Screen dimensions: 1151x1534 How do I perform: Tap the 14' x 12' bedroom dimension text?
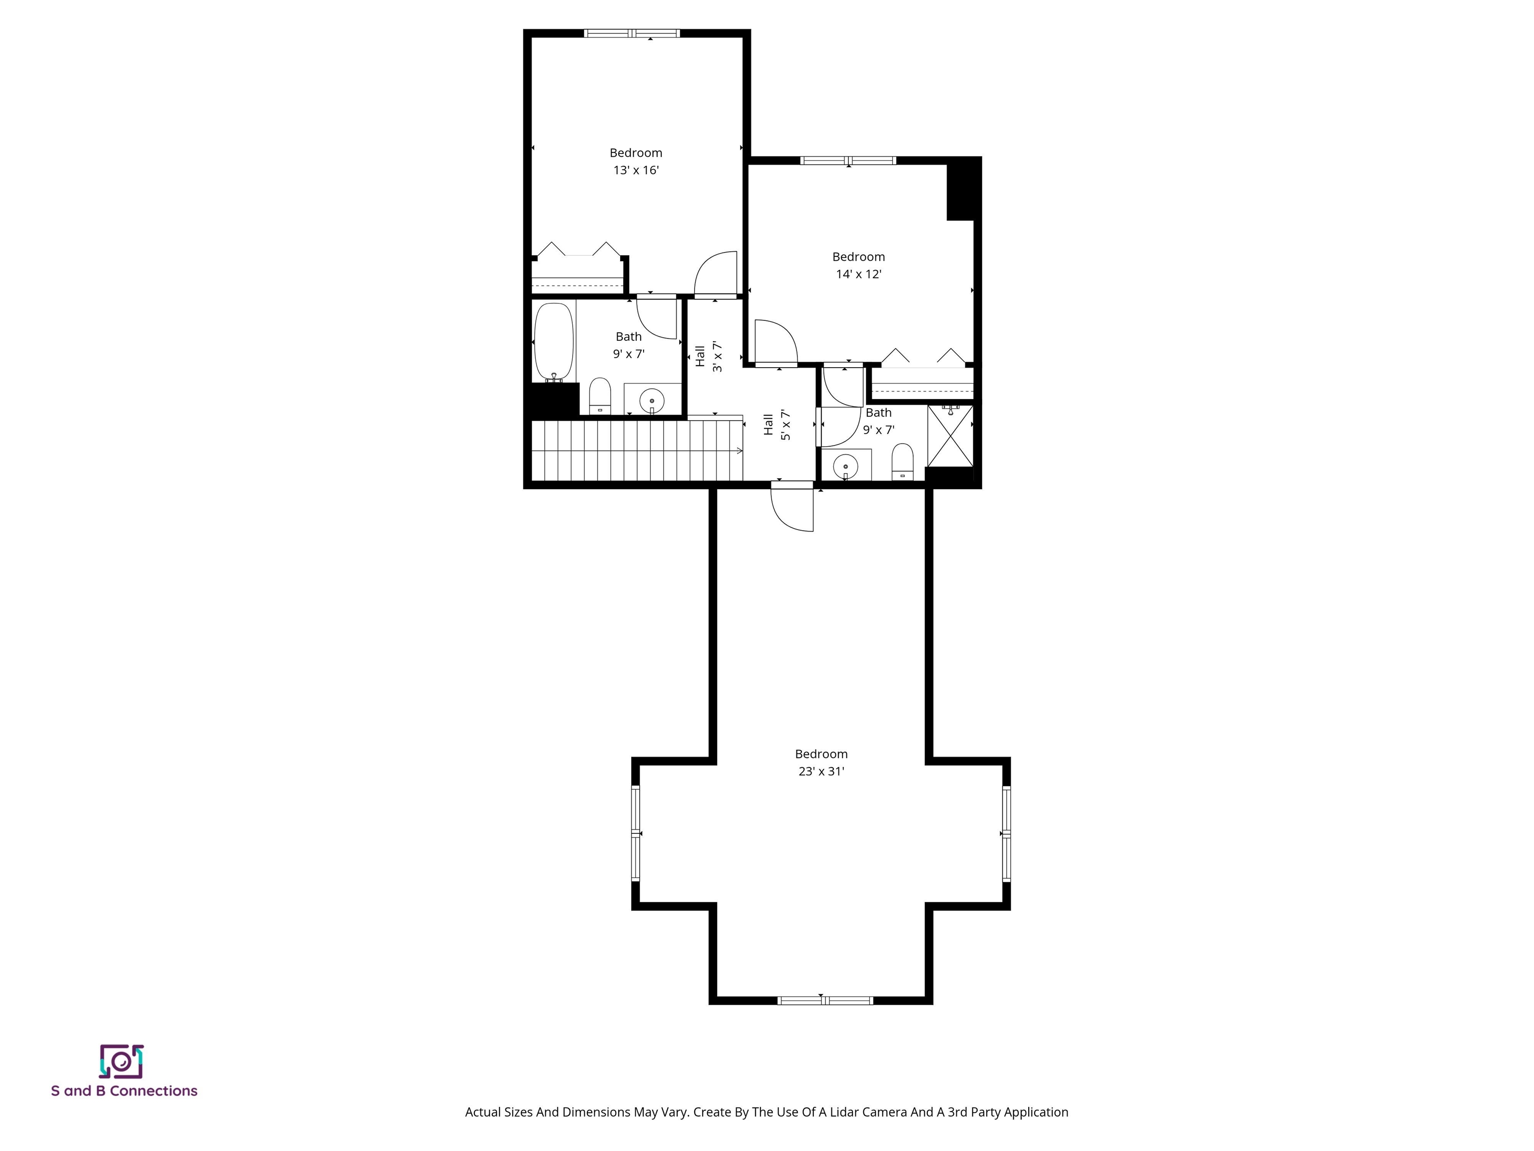(858, 274)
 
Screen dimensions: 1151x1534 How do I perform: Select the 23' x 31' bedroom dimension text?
(821, 771)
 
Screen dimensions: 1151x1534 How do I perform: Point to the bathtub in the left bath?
(553, 341)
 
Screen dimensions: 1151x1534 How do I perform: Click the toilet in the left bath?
(600, 396)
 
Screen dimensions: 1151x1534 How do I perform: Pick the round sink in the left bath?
(652, 400)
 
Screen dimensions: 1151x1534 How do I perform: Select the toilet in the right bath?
(902, 462)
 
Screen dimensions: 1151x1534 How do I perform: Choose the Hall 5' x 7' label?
(776, 425)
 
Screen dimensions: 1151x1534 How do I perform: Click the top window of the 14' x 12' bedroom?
(848, 161)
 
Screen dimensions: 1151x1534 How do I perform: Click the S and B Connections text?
(124, 1091)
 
